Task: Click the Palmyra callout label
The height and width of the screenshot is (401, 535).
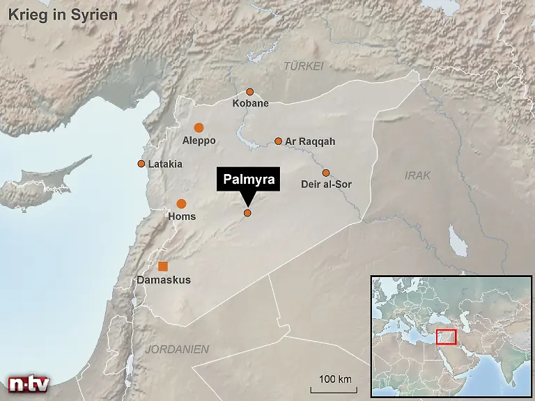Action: (249, 180)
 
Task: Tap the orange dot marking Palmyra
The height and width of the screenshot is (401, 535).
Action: (247, 213)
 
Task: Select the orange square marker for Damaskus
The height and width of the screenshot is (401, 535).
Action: (163, 266)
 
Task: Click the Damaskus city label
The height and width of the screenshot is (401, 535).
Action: (164, 280)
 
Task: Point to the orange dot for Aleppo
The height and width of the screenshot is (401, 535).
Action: (199, 127)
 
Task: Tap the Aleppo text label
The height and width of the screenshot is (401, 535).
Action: (199, 141)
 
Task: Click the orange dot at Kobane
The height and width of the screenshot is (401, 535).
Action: (249, 92)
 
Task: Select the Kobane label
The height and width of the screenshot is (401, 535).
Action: (250, 104)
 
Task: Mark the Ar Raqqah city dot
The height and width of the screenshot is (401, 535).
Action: (278, 141)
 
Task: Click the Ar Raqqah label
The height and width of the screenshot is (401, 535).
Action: (310, 141)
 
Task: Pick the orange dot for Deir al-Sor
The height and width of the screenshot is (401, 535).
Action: (325, 173)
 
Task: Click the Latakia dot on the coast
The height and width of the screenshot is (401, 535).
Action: (141, 164)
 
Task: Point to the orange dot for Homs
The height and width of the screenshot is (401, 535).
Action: (181, 204)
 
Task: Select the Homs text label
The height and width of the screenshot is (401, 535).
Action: (182, 217)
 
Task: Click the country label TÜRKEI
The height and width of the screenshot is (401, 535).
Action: (304, 66)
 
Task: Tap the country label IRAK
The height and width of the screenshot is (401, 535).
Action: (418, 175)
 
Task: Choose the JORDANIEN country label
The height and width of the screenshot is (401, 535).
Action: (177, 349)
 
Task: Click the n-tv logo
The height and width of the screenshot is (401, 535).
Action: (28, 384)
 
